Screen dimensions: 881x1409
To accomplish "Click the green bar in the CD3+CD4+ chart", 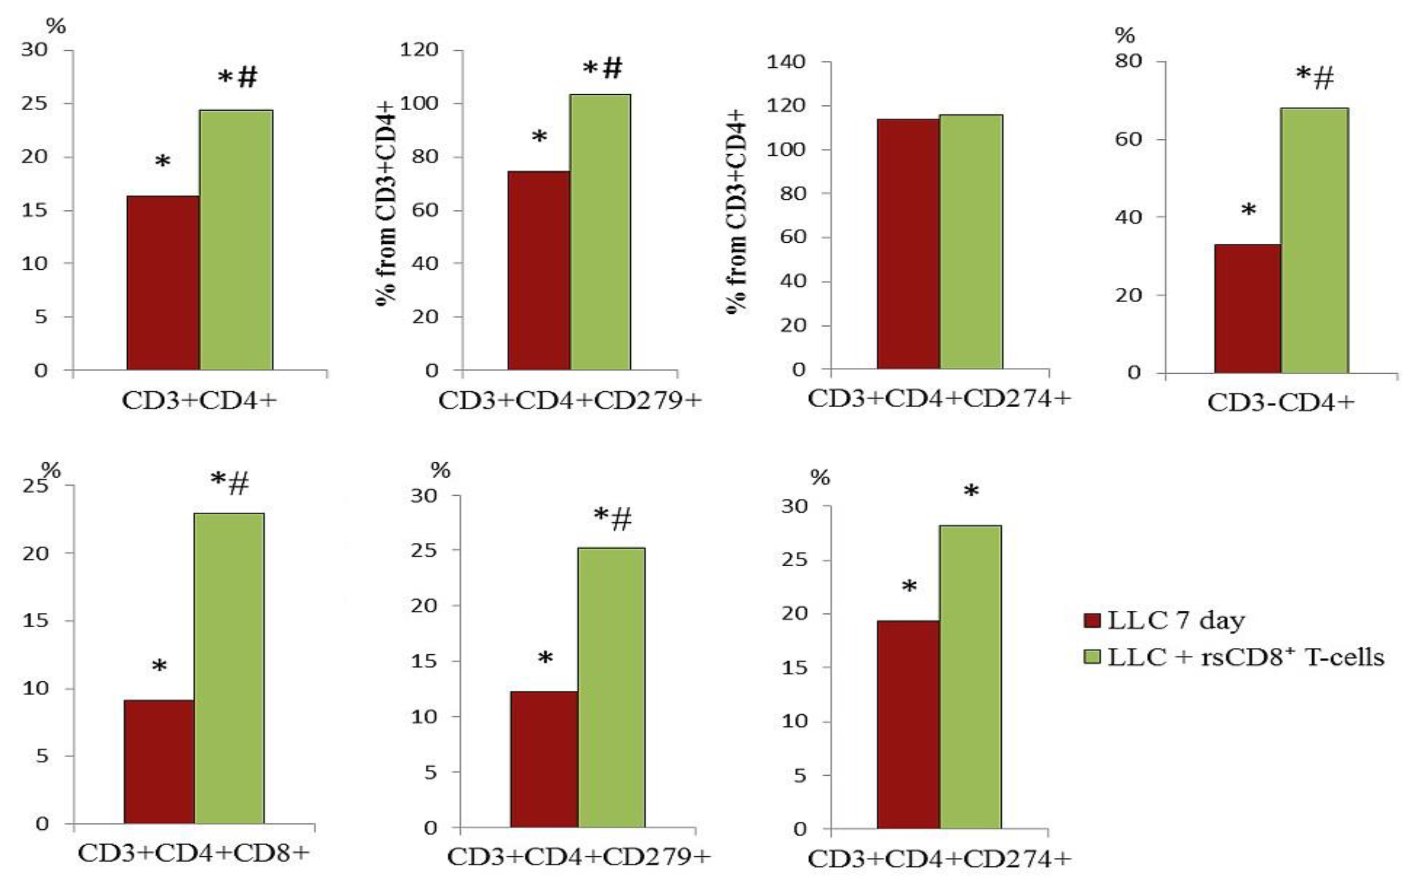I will coord(236,239).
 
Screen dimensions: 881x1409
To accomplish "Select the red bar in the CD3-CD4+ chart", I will coord(1247,309).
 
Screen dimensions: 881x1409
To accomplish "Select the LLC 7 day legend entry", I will coord(1165,620).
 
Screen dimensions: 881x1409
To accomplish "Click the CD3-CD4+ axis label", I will coord(1281,403).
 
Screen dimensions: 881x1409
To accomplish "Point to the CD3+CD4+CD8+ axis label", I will coord(193,853).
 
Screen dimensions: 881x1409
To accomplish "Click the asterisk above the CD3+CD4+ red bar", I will coord(163,162).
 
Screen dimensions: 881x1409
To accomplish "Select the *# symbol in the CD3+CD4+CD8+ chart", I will coord(230,483).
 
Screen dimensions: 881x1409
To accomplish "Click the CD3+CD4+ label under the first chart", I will coord(199,401).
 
